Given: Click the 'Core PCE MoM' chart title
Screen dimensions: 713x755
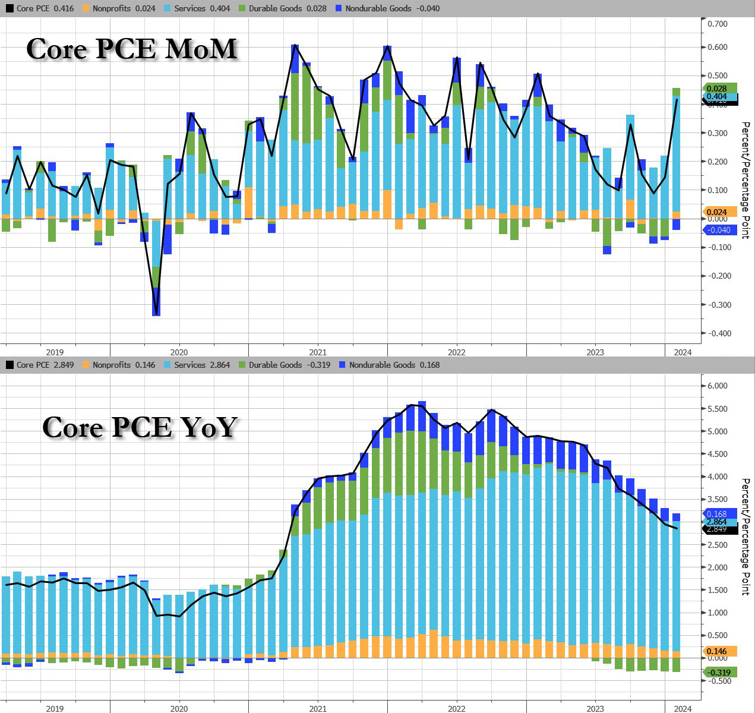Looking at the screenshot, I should (x=132, y=49).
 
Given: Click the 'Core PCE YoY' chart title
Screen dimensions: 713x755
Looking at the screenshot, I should (x=140, y=427).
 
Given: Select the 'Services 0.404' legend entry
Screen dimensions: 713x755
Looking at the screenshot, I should (x=202, y=8).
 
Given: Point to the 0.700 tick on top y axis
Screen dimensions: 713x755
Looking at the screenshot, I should (x=717, y=24).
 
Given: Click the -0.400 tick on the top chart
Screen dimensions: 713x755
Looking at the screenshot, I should (x=717, y=333).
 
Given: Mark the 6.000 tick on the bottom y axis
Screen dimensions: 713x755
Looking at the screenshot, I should (x=717, y=386).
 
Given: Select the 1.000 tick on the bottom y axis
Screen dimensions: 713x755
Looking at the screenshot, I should (x=717, y=613).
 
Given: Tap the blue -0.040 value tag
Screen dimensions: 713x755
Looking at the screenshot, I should (x=719, y=230).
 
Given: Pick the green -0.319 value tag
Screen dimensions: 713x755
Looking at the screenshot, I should (x=719, y=673).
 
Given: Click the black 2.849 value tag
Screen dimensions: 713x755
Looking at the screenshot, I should (x=719, y=529).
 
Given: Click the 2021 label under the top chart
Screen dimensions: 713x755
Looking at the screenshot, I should (x=318, y=352).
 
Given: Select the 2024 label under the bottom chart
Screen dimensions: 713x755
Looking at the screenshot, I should (x=683, y=708).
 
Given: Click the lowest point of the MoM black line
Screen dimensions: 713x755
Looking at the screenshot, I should (x=156, y=314).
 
